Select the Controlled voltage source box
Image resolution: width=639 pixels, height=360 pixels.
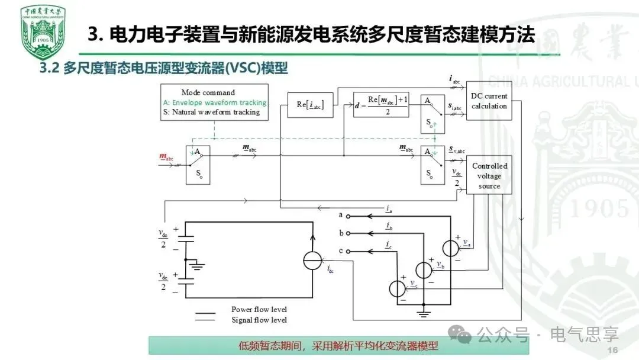(489, 176)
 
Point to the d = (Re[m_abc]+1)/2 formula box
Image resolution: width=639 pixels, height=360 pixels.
(381, 105)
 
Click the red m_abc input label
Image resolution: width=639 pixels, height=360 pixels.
(166, 157)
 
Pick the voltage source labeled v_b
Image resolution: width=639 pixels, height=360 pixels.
(424, 269)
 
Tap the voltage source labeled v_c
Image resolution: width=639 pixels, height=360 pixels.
(397, 288)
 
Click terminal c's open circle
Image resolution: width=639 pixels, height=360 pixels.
(348, 251)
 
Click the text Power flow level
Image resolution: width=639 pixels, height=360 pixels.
(259, 309)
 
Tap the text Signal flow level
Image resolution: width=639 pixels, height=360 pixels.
(259, 320)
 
